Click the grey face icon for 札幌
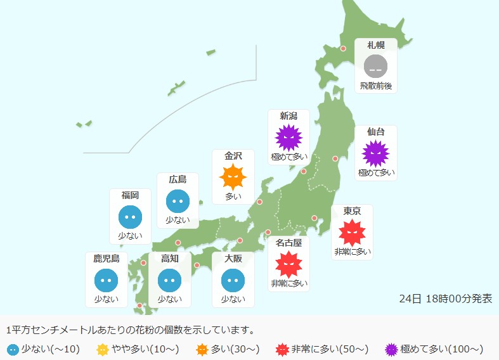[x=375, y=66]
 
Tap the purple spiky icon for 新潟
[x=288, y=137]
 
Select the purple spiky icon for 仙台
[x=375, y=153]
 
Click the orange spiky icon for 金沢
[x=233, y=177]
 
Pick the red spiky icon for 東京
[x=352, y=233]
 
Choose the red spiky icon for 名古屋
[x=288, y=264]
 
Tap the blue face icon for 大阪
[x=233, y=280]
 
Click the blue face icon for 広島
[x=178, y=201]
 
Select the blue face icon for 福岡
[x=130, y=217]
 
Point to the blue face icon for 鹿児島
[x=106, y=280]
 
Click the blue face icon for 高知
[x=169, y=280]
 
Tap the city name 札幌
[x=375, y=45]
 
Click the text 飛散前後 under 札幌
[x=375, y=85]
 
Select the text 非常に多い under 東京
[x=352, y=252]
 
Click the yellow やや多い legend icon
[x=103, y=349]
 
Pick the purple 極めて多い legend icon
[x=392, y=349]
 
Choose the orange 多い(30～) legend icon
[x=202, y=349]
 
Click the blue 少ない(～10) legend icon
[x=13, y=349]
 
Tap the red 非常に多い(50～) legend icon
[x=283, y=349]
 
